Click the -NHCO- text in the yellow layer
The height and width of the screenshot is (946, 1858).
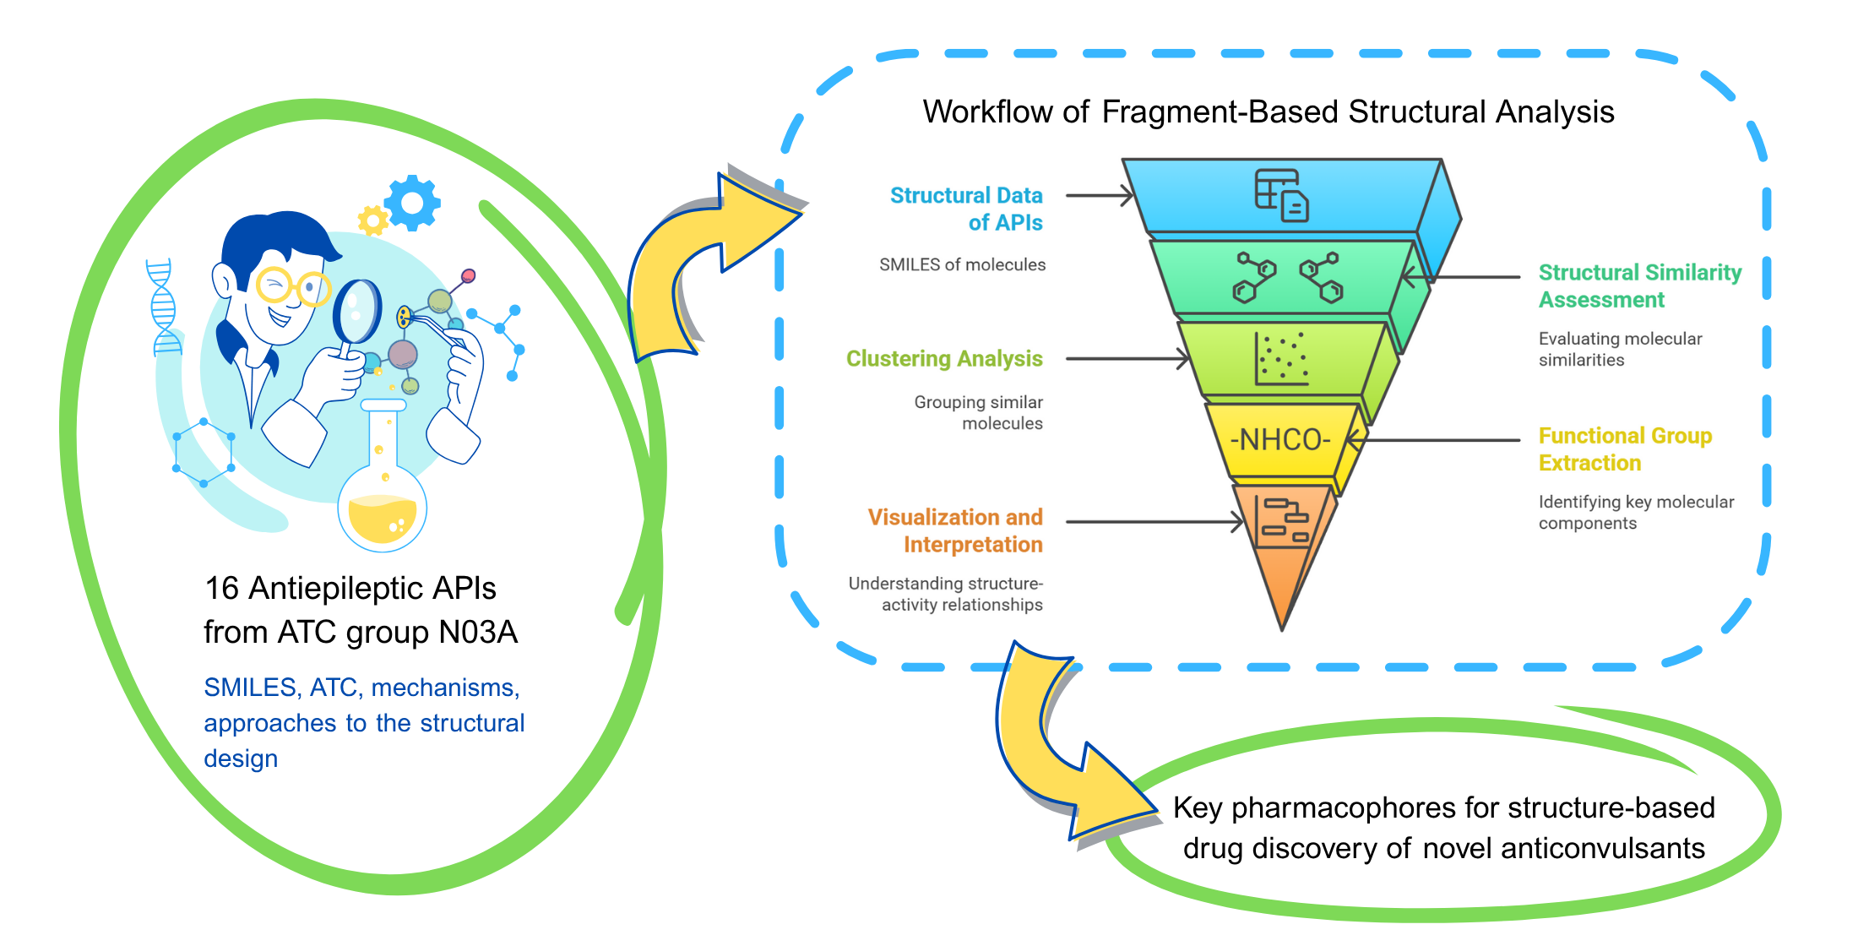click(x=1280, y=440)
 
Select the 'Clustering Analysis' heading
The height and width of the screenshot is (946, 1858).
click(x=944, y=359)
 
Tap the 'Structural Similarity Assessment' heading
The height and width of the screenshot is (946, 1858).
click(x=1638, y=285)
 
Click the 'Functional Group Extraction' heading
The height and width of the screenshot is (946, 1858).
click(x=1624, y=449)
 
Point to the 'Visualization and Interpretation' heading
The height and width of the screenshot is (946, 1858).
click(x=955, y=530)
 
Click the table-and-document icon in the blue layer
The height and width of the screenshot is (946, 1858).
click(x=1280, y=195)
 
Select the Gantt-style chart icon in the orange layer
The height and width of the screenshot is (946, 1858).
click(x=1283, y=520)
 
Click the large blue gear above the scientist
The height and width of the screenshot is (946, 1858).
click(x=412, y=203)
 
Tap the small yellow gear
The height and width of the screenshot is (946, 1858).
click(x=372, y=220)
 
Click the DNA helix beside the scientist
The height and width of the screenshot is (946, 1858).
click(x=163, y=308)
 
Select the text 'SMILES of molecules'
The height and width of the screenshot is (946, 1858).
click(x=962, y=265)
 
